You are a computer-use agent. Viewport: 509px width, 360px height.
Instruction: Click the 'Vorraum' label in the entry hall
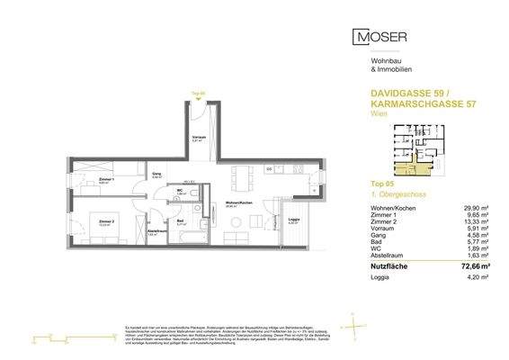point(200,139)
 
